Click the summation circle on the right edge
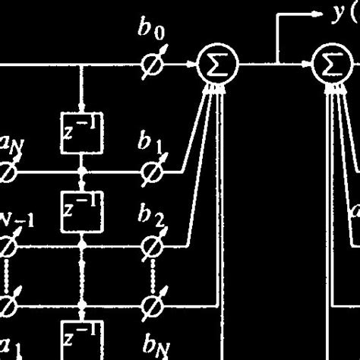(331, 67)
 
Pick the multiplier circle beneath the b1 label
(154, 173)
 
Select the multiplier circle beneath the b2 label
(154, 246)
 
